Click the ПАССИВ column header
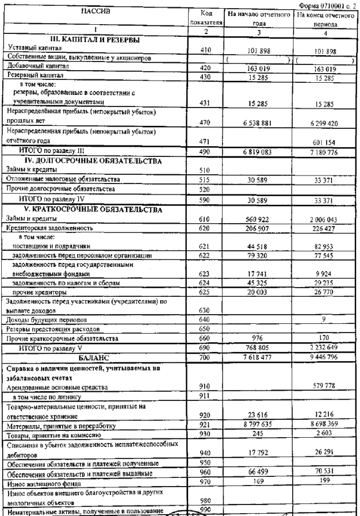[x=95, y=12]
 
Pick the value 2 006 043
[x=324, y=219]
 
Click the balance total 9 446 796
[x=324, y=357]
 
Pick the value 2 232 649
[x=324, y=348]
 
